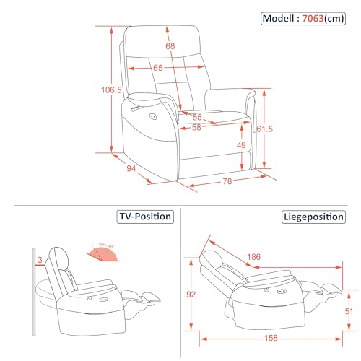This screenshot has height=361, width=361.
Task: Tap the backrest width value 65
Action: coord(158,68)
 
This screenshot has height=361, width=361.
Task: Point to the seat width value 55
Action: coord(196,116)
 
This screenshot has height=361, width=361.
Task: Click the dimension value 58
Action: coord(196,128)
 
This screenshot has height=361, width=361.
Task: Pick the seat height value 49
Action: coord(243,144)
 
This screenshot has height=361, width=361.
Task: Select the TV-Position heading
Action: coord(144,216)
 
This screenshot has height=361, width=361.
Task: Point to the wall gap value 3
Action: coord(40,259)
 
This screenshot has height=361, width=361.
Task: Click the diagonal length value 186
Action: coord(253,256)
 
